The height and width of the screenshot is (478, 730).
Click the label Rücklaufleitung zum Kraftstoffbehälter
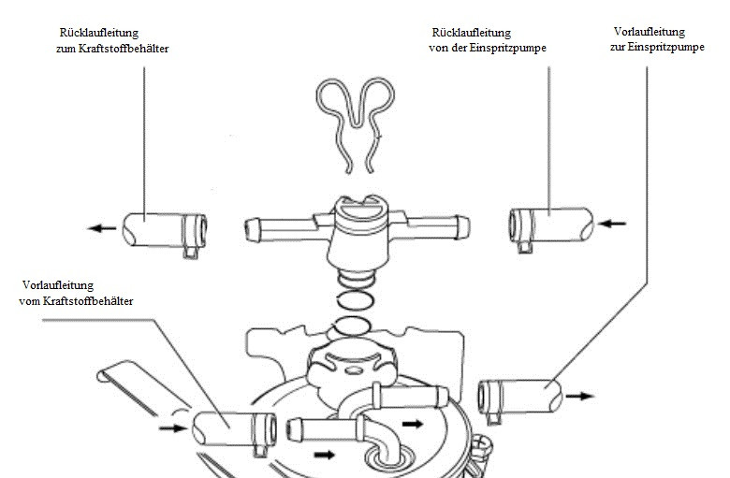coord(112,40)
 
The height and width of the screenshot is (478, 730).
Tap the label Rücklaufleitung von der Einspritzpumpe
coord(487,40)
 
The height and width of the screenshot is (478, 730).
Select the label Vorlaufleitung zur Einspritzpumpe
coord(657,39)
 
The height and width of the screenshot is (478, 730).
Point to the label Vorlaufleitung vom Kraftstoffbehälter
coord(76,293)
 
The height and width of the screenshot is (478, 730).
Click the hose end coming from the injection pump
coord(551,226)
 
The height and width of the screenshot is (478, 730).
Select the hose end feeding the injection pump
coord(520,397)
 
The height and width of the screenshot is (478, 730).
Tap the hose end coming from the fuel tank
coord(234,429)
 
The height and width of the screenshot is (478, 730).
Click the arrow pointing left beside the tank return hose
coord(101,228)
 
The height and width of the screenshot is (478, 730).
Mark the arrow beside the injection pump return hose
coord(612,224)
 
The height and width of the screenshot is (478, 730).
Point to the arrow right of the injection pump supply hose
coord(580,396)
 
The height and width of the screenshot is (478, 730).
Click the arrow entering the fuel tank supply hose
coord(173,427)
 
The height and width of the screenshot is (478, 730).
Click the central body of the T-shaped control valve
coord(358,233)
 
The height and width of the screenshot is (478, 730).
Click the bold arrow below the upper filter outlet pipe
coord(413,424)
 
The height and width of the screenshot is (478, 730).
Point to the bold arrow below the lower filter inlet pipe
coord(325,455)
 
